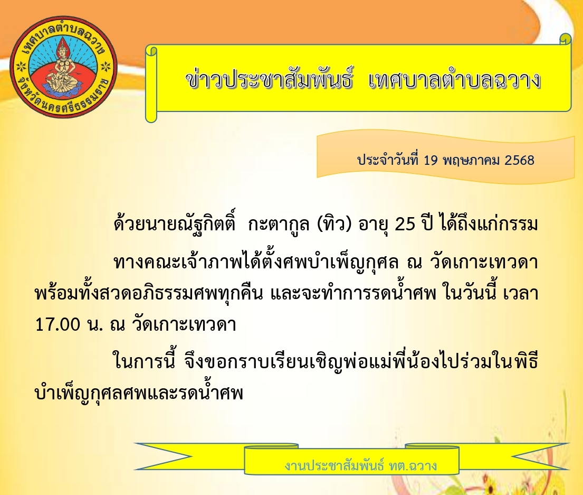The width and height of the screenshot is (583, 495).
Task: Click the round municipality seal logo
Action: pyautogui.click(x=63, y=66)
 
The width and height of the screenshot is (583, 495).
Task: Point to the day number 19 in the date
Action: pyautogui.click(x=431, y=161)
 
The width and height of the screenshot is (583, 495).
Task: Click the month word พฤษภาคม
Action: pyautogui.click(x=471, y=161)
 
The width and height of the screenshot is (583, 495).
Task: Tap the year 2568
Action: pyautogui.click(x=519, y=161)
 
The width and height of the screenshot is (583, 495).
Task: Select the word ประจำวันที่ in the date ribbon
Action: pyautogui.click(x=388, y=160)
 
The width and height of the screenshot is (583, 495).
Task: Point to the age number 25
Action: pyautogui.click(x=405, y=225)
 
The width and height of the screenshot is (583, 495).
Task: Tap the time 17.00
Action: pyautogui.click(x=58, y=324)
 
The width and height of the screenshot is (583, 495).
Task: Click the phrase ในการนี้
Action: pyautogui.click(x=144, y=361)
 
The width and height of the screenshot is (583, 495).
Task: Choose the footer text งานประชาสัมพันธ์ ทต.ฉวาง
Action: pyautogui.click(x=361, y=465)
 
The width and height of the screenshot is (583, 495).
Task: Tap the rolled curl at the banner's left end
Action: pyautogui.click(x=151, y=84)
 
